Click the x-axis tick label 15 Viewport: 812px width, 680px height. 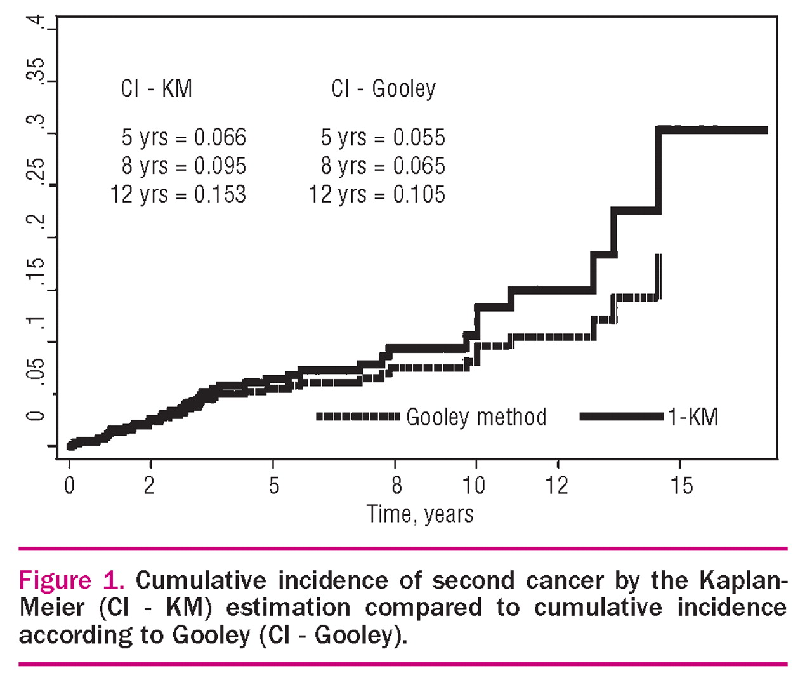[x=681, y=486]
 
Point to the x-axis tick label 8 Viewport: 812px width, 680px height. [x=396, y=486]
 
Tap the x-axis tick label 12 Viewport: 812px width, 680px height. [x=557, y=486]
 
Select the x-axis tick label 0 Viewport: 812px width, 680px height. [x=69, y=486]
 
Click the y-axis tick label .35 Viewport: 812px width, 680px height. [x=36, y=70]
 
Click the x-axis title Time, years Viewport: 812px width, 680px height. [x=420, y=514]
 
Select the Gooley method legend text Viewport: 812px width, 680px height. [x=476, y=417]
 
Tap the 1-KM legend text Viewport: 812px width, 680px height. [x=693, y=417]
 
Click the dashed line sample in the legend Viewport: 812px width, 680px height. [x=358, y=417]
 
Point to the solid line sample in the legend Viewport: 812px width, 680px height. [x=622, y=417]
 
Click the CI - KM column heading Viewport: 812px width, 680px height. [x=157, y=88]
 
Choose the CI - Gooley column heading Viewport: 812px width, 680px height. [x=383, y=88]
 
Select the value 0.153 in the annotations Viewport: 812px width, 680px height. [x=220, y=194]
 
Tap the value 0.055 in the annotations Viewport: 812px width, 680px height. [x=419, y=137]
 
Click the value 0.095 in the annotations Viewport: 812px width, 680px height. [x=220, y=166]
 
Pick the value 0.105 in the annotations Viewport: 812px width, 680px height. [x=419, y=194]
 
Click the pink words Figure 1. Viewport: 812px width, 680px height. [x=71, y=580]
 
